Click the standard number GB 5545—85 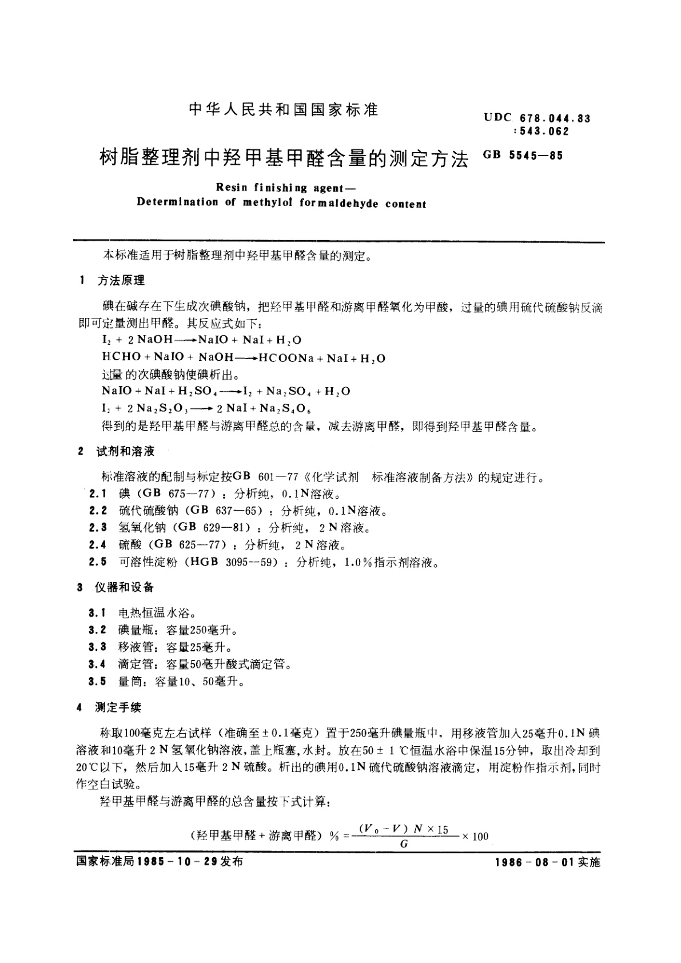tap(523, 154)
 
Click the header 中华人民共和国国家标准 tap(284, 110)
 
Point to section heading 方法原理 tap(121, 280)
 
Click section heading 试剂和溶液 tap(126, 451)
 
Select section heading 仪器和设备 tap(125, 587)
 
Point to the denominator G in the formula tap(404, 843)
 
